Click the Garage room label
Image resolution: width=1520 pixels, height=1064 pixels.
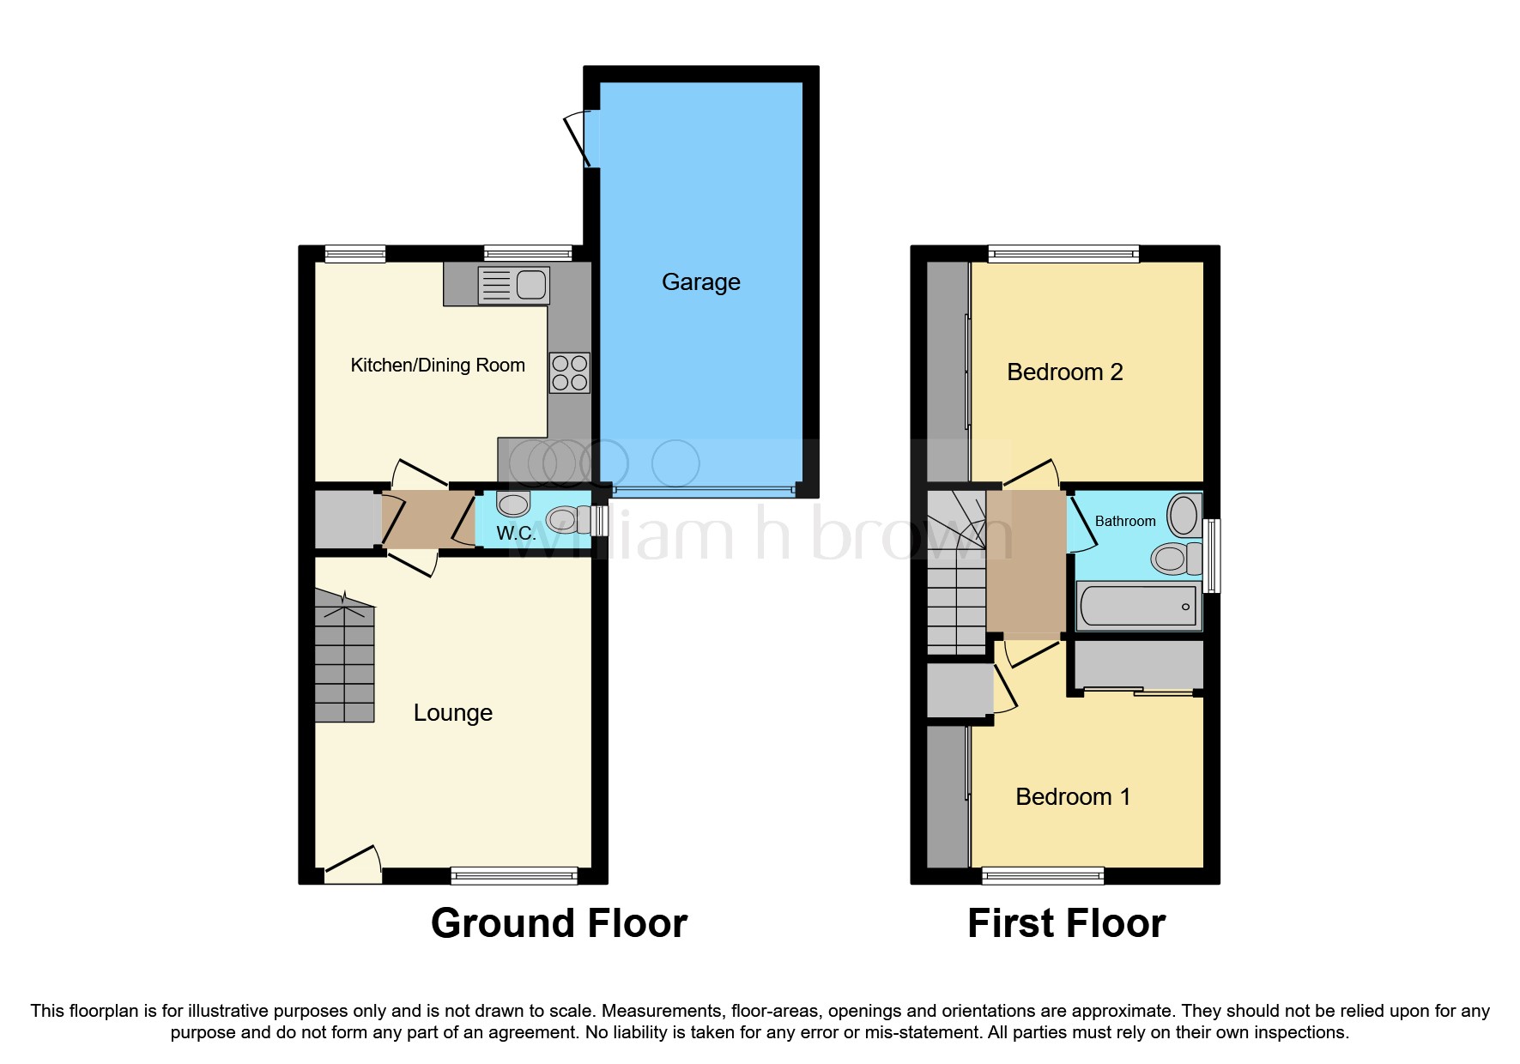[700, 281]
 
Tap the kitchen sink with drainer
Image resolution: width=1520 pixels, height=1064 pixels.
[513, 285]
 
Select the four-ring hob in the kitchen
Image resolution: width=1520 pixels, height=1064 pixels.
[570, 372]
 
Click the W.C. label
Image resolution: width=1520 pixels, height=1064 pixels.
[516, 533]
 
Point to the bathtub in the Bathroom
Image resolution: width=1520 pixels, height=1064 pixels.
[1138, 606]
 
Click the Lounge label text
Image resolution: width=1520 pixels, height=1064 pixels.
[452, 712]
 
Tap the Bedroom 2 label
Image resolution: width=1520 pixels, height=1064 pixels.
[1064, 372]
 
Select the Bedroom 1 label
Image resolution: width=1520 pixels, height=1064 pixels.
[1072, 796]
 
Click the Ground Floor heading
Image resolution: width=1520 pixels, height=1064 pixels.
[559, 923]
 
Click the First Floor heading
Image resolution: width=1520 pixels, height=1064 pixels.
[1066, 923]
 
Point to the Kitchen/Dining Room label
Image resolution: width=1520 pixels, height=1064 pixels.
[438, 365]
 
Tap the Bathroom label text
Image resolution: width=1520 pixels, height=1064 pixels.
[1124, 521]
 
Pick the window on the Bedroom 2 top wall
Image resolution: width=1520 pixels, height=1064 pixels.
[1063, 253]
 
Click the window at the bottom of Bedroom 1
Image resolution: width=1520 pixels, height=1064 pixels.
[1043, 876]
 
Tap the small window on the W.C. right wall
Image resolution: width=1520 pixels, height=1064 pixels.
[601, 520]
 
